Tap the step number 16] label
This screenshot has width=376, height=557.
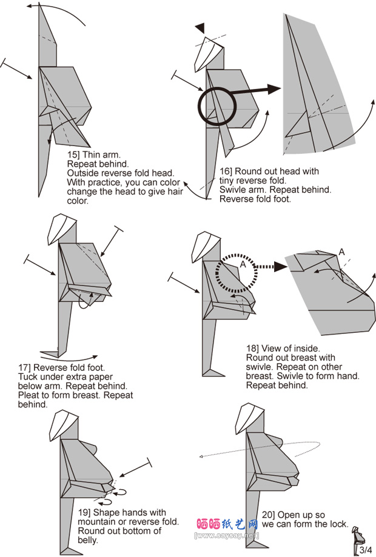(x=225, y=172)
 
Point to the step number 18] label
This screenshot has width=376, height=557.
(x=253, y=349)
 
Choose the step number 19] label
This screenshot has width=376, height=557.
(x=85, y=513)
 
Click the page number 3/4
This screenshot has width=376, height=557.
(x=365, y=550)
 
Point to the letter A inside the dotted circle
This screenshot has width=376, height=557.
(x=243, y=264)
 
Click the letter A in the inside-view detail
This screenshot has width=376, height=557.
(x=341, y=252)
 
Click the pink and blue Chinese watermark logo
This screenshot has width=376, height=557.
(x=227, y=524)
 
